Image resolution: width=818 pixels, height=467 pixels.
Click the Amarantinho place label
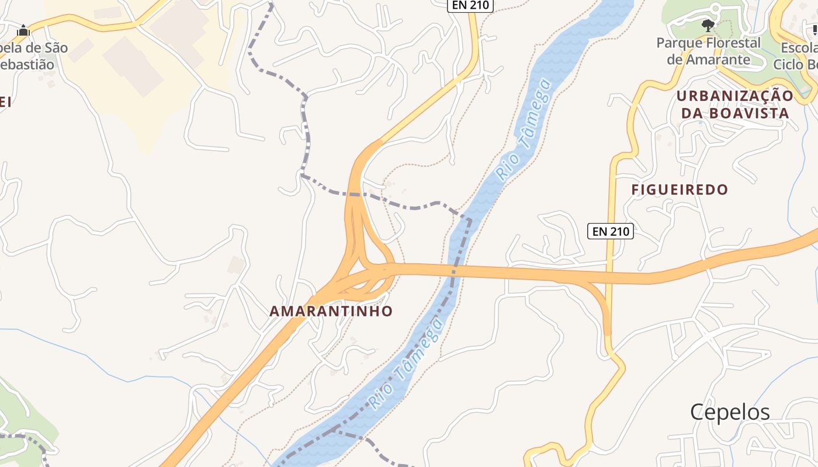pos(331,311)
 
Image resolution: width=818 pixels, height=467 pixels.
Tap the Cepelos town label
pos(730,412)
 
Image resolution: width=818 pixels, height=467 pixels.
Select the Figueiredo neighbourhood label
pos(680,189)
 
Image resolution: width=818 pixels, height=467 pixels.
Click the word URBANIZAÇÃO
pos(735,96)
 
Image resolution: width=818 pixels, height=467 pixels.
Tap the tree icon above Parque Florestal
pos(708,26)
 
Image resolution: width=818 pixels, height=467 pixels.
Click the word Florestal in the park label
pos(732,43)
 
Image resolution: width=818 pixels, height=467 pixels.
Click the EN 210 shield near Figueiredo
pos(610,231)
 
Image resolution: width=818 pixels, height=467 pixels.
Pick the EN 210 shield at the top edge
pos(470,5)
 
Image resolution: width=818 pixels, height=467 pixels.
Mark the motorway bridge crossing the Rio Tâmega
pos(455,271)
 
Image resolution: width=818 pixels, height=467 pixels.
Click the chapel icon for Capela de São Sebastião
pos(23,30)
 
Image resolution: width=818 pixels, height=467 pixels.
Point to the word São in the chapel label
pos(53,48)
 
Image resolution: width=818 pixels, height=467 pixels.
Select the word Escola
pos(800,48)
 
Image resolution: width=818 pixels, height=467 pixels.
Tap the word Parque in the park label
pos(678,43)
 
